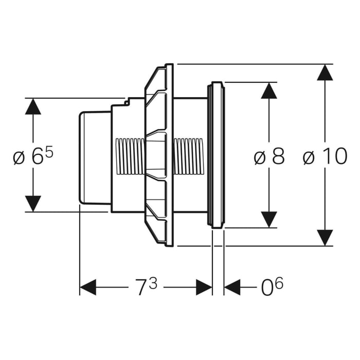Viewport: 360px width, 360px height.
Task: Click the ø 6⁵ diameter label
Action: (x=33, y=156)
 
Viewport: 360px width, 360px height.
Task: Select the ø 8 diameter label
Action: (x=269, y=156)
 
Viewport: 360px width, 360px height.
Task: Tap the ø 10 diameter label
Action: (x=325, y=156)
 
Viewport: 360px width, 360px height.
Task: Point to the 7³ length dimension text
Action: (x=145, y=287)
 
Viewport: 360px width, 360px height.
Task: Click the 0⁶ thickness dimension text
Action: (x=272, y=287)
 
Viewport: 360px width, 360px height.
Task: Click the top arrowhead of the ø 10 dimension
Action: (x=325, y=73)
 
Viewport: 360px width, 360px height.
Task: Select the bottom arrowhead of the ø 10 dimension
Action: (x=325, y=237)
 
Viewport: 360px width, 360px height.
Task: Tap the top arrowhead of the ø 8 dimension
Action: (x=269, y=91)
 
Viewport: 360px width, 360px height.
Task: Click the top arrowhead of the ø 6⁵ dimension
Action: (x=33, y=106)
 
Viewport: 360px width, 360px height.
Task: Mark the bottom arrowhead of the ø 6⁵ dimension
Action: (x=33, y=203)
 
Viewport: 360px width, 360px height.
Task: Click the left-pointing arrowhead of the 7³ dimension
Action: (x=88, y=287)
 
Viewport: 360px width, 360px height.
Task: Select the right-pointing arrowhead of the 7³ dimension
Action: (x=204, y=287)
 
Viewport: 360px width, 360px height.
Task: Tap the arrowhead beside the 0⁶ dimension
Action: (x=232, y=287)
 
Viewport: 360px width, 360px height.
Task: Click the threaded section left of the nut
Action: (x=130, y=156)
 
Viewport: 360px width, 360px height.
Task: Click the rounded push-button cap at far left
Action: (x=94, y=156)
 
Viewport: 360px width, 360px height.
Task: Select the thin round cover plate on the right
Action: (x=216, y=154)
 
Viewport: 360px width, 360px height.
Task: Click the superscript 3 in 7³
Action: (x=153, y=282)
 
